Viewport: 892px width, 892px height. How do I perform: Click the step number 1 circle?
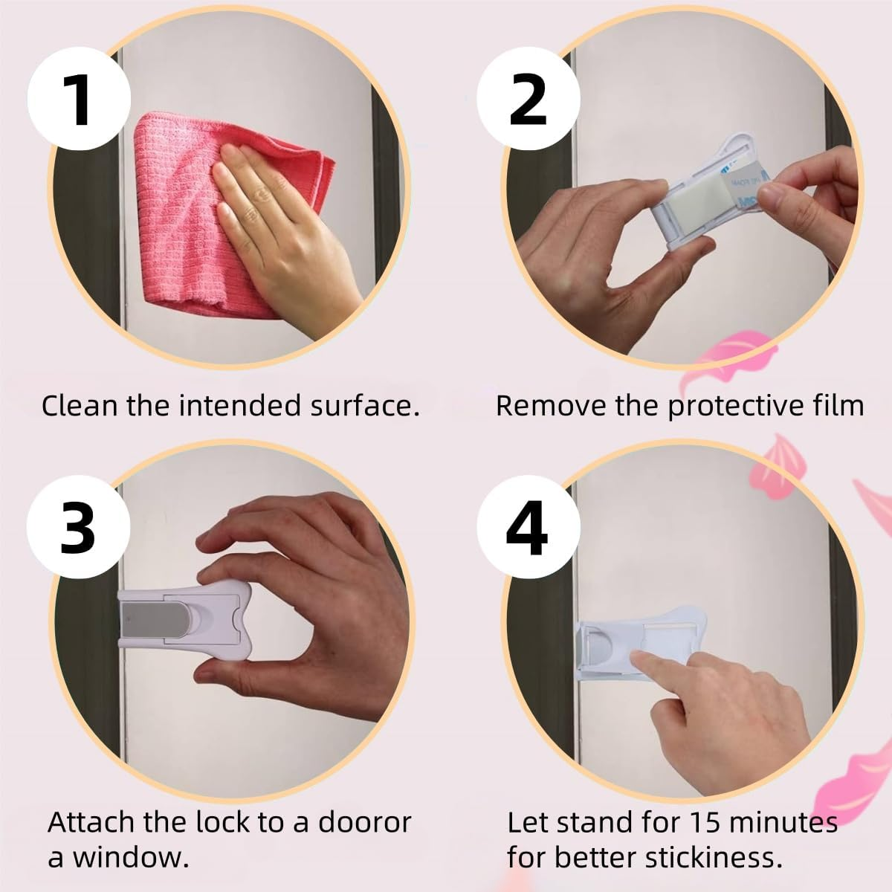tap(79, 99)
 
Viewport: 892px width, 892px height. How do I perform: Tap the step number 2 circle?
tap(529, 99)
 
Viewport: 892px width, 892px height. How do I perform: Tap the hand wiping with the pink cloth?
tap(282, 231)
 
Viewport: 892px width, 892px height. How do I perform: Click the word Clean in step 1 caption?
tap(80, 406)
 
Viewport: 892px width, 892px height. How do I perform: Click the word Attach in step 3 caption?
tap(91, 823)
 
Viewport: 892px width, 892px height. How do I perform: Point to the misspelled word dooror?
tap(365, 823)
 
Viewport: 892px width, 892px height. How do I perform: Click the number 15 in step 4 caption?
tap(705, 823)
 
